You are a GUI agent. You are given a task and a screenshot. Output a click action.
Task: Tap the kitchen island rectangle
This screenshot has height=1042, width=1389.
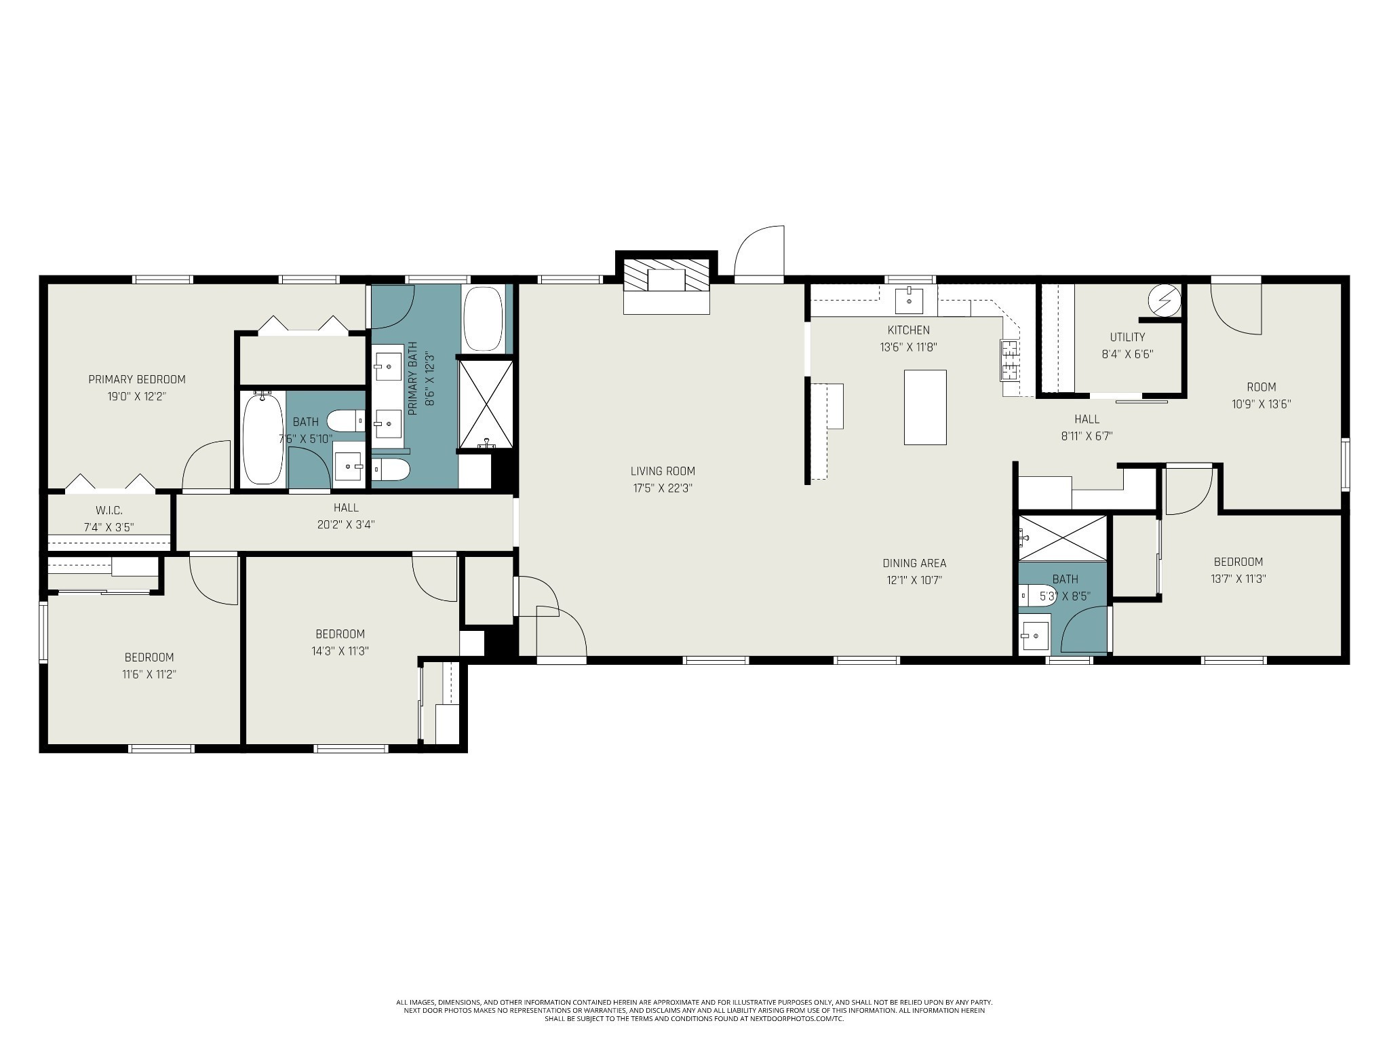point(925,407)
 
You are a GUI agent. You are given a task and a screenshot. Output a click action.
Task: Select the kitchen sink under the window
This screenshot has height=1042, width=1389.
point(909,300)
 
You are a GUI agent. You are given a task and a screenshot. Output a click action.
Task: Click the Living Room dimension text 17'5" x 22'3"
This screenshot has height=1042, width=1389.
point(662,488)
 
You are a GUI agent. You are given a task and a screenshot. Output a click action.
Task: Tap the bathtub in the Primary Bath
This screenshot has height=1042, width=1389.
point(483,318)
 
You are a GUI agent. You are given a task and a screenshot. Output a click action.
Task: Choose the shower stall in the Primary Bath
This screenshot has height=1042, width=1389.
point(486,404)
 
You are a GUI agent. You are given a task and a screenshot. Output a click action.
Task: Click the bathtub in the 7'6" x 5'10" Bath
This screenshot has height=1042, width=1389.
point(262,438)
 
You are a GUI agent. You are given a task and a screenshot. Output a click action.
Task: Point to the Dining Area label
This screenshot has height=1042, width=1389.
point(914,563)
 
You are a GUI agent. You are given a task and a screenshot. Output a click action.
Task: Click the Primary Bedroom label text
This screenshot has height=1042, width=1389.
point(137,379)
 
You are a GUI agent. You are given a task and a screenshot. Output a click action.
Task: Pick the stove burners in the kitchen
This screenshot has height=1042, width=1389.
point(1009,360)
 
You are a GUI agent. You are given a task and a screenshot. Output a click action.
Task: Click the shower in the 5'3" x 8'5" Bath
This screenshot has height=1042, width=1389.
point(1062,538)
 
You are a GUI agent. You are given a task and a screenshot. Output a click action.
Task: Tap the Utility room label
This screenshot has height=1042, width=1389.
point(1127,337)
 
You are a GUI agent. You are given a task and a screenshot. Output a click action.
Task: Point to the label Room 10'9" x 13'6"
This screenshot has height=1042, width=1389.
point(1261,395)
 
